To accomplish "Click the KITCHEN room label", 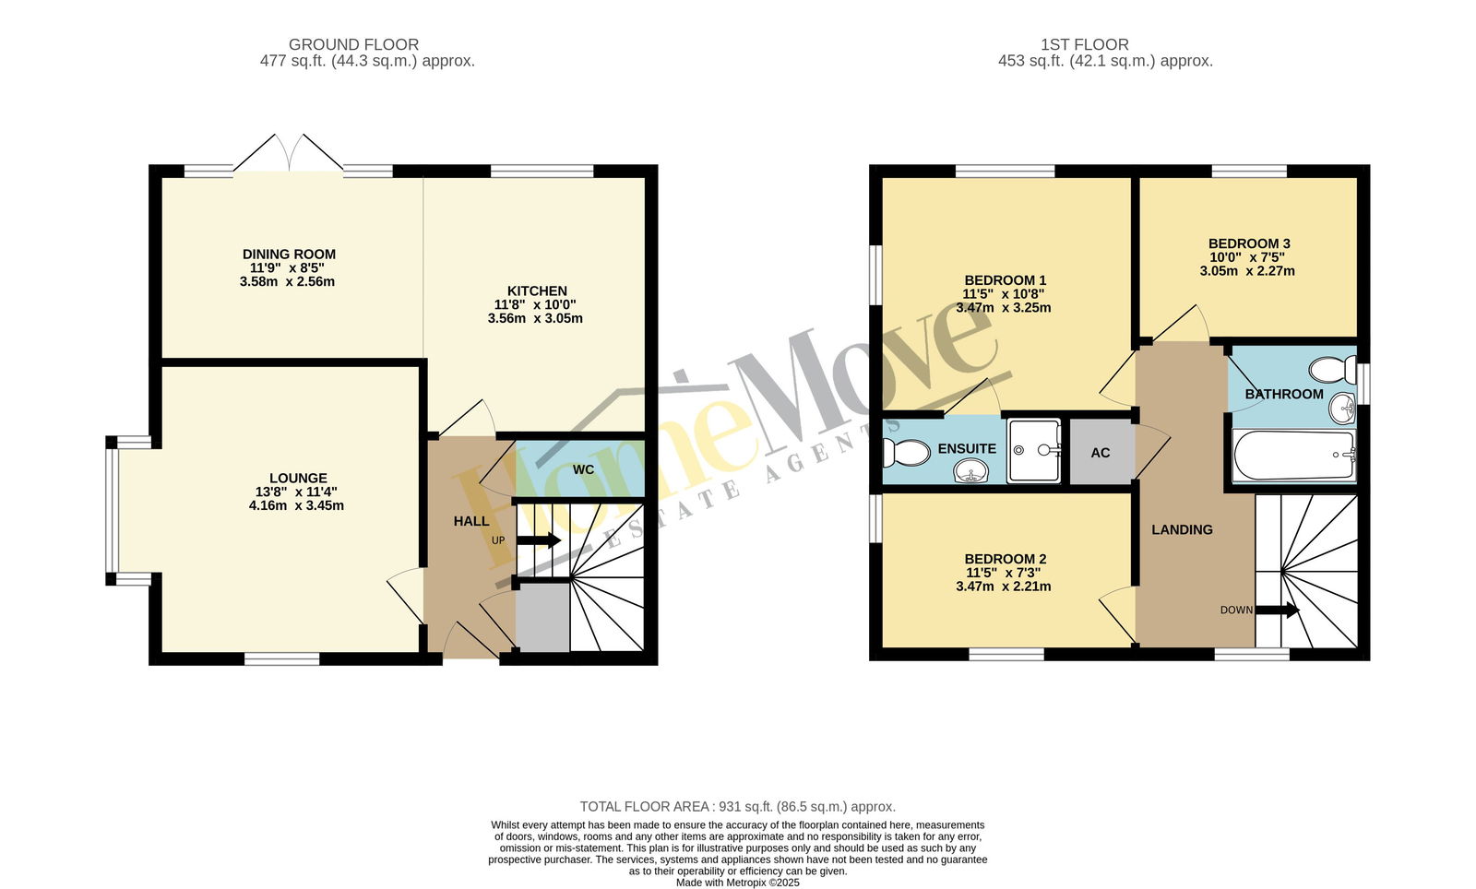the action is pos(537,291).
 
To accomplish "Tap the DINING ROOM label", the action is pos(290,255).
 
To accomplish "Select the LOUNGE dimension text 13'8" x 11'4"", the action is pos(296,492).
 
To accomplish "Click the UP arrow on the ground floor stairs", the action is pos(539,540).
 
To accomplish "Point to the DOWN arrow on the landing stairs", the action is pos(1278,610).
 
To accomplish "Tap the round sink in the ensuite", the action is pos(970,471).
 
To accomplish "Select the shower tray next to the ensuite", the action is pos(1034,450).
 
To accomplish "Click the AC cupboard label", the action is pos(1101,453).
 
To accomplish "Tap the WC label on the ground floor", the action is pos(583,469).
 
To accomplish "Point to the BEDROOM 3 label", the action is pos(1249,243).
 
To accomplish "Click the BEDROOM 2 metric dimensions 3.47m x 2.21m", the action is pos(1004,587).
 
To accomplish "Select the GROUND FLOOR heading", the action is pos(354,45).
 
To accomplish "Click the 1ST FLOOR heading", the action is pos(1085,45).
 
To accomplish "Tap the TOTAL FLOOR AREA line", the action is pos(738,807).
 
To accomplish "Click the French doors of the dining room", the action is pos(289,153).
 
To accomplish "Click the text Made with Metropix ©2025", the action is pos(738,883).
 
